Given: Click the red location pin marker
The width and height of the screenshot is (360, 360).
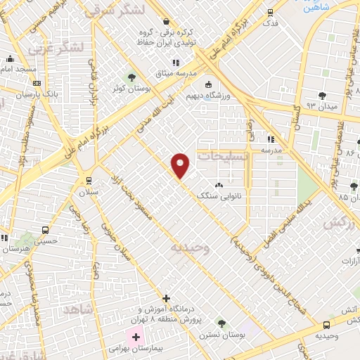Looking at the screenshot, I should pyautogui.click(x=181, y=166).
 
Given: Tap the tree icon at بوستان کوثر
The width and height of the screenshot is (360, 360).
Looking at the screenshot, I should pyautogui.click(x=131, y=77).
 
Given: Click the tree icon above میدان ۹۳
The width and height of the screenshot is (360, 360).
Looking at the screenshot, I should pyautogui.click(x=323, y=95).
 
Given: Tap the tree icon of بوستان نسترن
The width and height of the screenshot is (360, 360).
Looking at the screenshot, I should pyautogui.click(x=221, y=323).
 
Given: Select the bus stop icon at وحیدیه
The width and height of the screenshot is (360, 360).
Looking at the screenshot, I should pyautogui.click(x=326, y=325).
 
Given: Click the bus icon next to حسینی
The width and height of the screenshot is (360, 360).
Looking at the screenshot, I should pyautogui.click(x=46, y=230).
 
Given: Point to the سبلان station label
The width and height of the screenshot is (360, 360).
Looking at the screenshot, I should pyautogui.click(x=89, y=192).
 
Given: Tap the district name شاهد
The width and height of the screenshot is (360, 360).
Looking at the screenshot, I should pyautogui.click(x=78, y=309).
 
